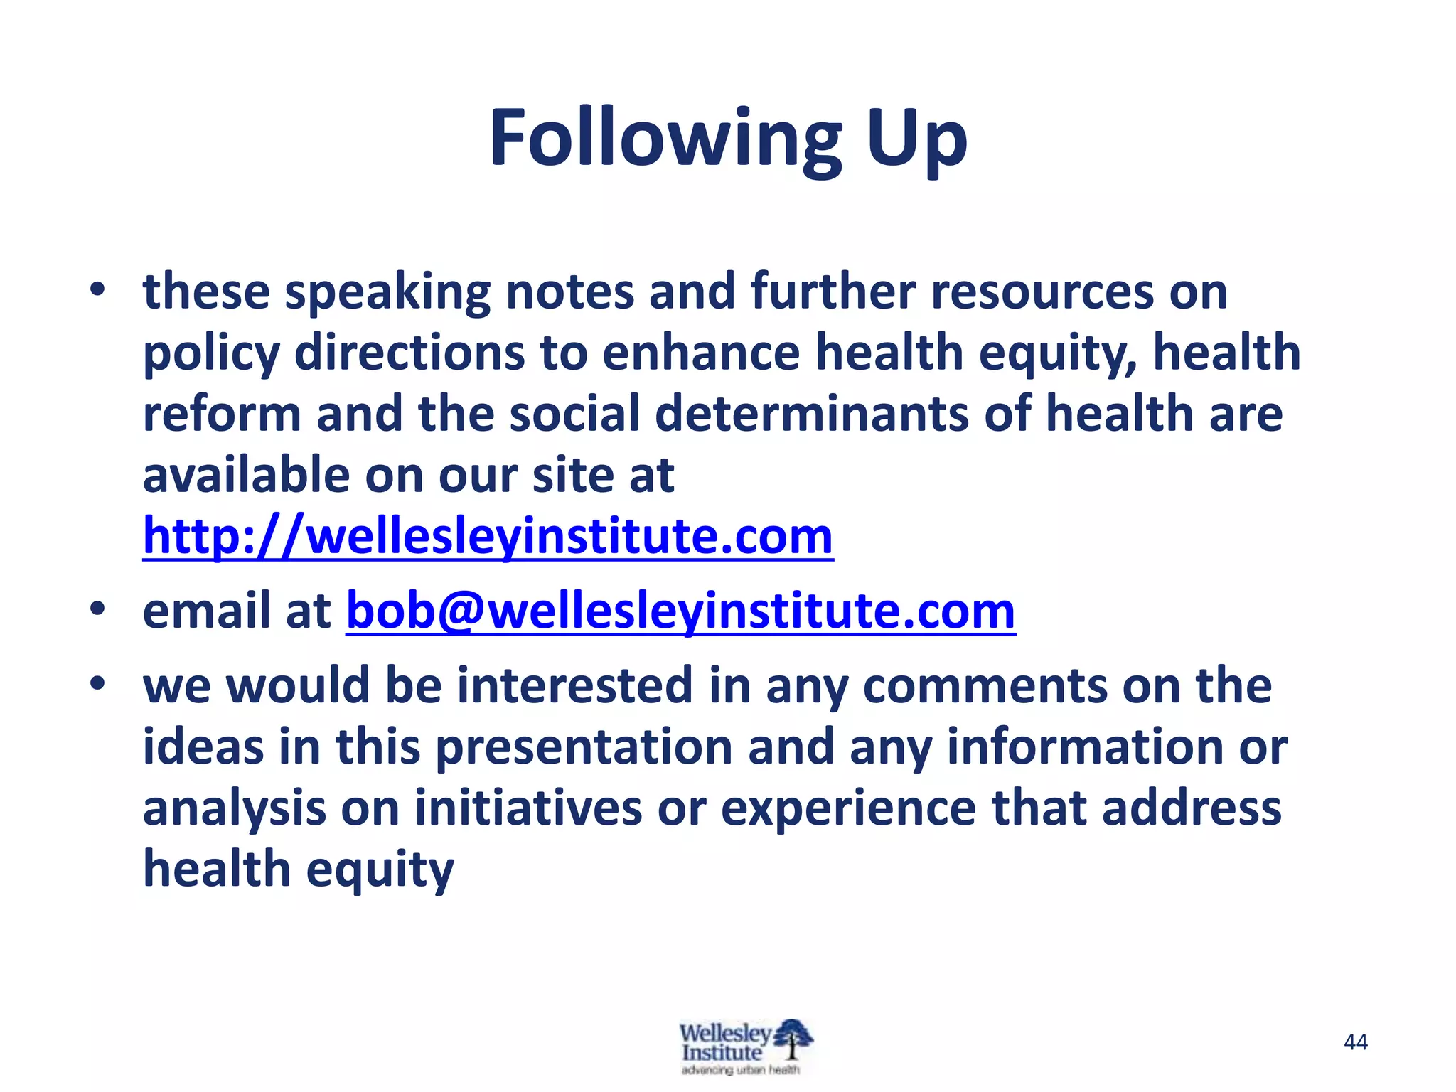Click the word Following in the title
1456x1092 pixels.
pos(665,139)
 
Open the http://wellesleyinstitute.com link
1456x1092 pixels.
pos(488,537)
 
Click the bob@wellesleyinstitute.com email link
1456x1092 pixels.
pos(680,611)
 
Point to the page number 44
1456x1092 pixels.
pos(1356,1042)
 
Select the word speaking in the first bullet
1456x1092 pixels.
pos(387,293)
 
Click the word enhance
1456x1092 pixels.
pos(701,353)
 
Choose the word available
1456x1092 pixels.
pos(246,475)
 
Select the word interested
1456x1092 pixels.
pos(574,686)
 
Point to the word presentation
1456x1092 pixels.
pos(584,747)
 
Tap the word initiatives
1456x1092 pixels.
pos(528,808)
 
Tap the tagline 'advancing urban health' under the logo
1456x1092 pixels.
pos(740,1070)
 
